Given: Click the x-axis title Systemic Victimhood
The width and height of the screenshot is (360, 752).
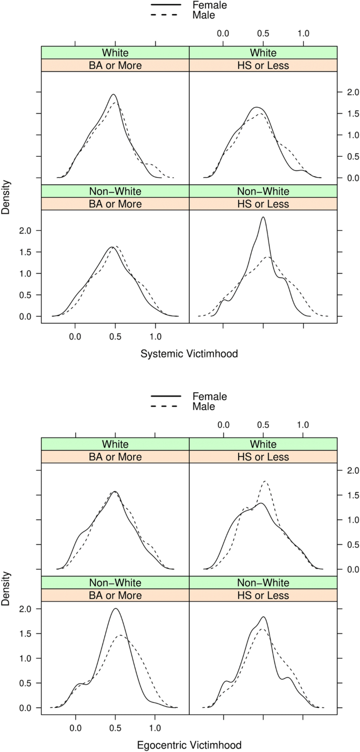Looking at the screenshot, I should tap(189, 354).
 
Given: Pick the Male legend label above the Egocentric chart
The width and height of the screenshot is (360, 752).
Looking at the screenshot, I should tap(203, 406).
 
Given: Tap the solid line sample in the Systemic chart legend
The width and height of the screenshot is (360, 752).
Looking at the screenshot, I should tap(166, 5).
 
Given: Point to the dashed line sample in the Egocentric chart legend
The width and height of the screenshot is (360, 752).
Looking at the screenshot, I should tap(166, 406).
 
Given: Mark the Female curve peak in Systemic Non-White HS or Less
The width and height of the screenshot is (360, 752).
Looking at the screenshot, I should tap(263, 217).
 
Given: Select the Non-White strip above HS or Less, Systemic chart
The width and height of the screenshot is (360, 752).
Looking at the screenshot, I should tap(263, 191).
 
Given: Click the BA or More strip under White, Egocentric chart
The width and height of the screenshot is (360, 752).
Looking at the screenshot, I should tap(115, 457).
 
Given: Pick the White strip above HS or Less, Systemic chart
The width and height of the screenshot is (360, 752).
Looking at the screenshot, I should tap(263, 53).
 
